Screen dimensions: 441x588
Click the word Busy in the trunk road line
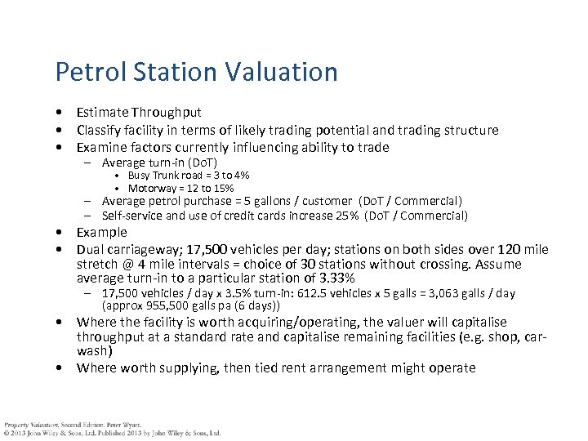coord(139,176)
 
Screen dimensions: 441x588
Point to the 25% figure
coord(337,216)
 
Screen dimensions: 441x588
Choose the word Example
coord(102,233)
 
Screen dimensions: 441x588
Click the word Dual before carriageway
coord(91,249)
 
